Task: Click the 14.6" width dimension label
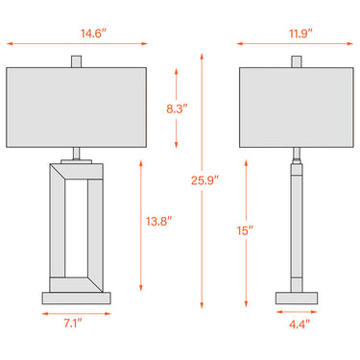click(93, 34)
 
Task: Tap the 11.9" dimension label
click(300, 34)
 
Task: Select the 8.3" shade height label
click(177, 108)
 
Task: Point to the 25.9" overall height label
click(204, 180)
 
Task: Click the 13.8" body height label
click(159, 221)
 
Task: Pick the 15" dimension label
click(245, 230)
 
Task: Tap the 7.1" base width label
click(73, 324)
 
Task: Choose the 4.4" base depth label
click(300, 324)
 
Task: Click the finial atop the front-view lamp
click(76, 61)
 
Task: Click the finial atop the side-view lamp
click(297, 61)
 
